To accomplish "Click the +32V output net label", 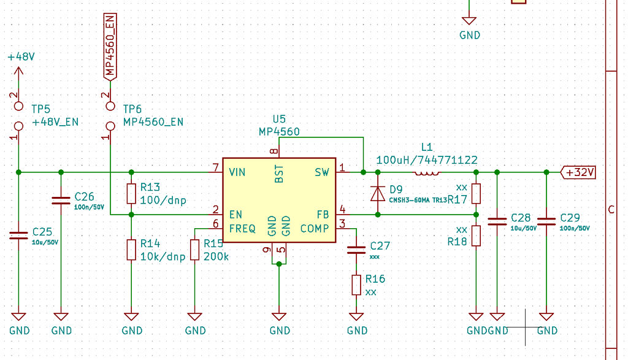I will [579, 172].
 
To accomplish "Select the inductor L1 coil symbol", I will [427, 172].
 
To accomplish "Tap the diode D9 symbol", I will [377, 193].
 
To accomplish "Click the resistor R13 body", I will [131, 193].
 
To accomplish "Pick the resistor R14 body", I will [131, 250].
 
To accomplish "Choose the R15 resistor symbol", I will [195, 250].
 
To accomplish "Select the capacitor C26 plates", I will [61, 200].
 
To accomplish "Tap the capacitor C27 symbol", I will [356, 250].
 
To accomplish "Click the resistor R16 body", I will [356, 285].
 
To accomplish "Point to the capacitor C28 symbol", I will [497, 221].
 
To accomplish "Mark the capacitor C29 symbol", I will [546, 221].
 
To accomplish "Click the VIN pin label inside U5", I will [237, 172].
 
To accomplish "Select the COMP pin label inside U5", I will [315, 229].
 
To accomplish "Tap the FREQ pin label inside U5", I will [242, 229].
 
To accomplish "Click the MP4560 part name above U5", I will [280, 131].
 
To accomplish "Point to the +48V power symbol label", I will [21, 56].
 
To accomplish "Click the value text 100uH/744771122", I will [427, 159].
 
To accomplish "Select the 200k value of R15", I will [216, 256].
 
